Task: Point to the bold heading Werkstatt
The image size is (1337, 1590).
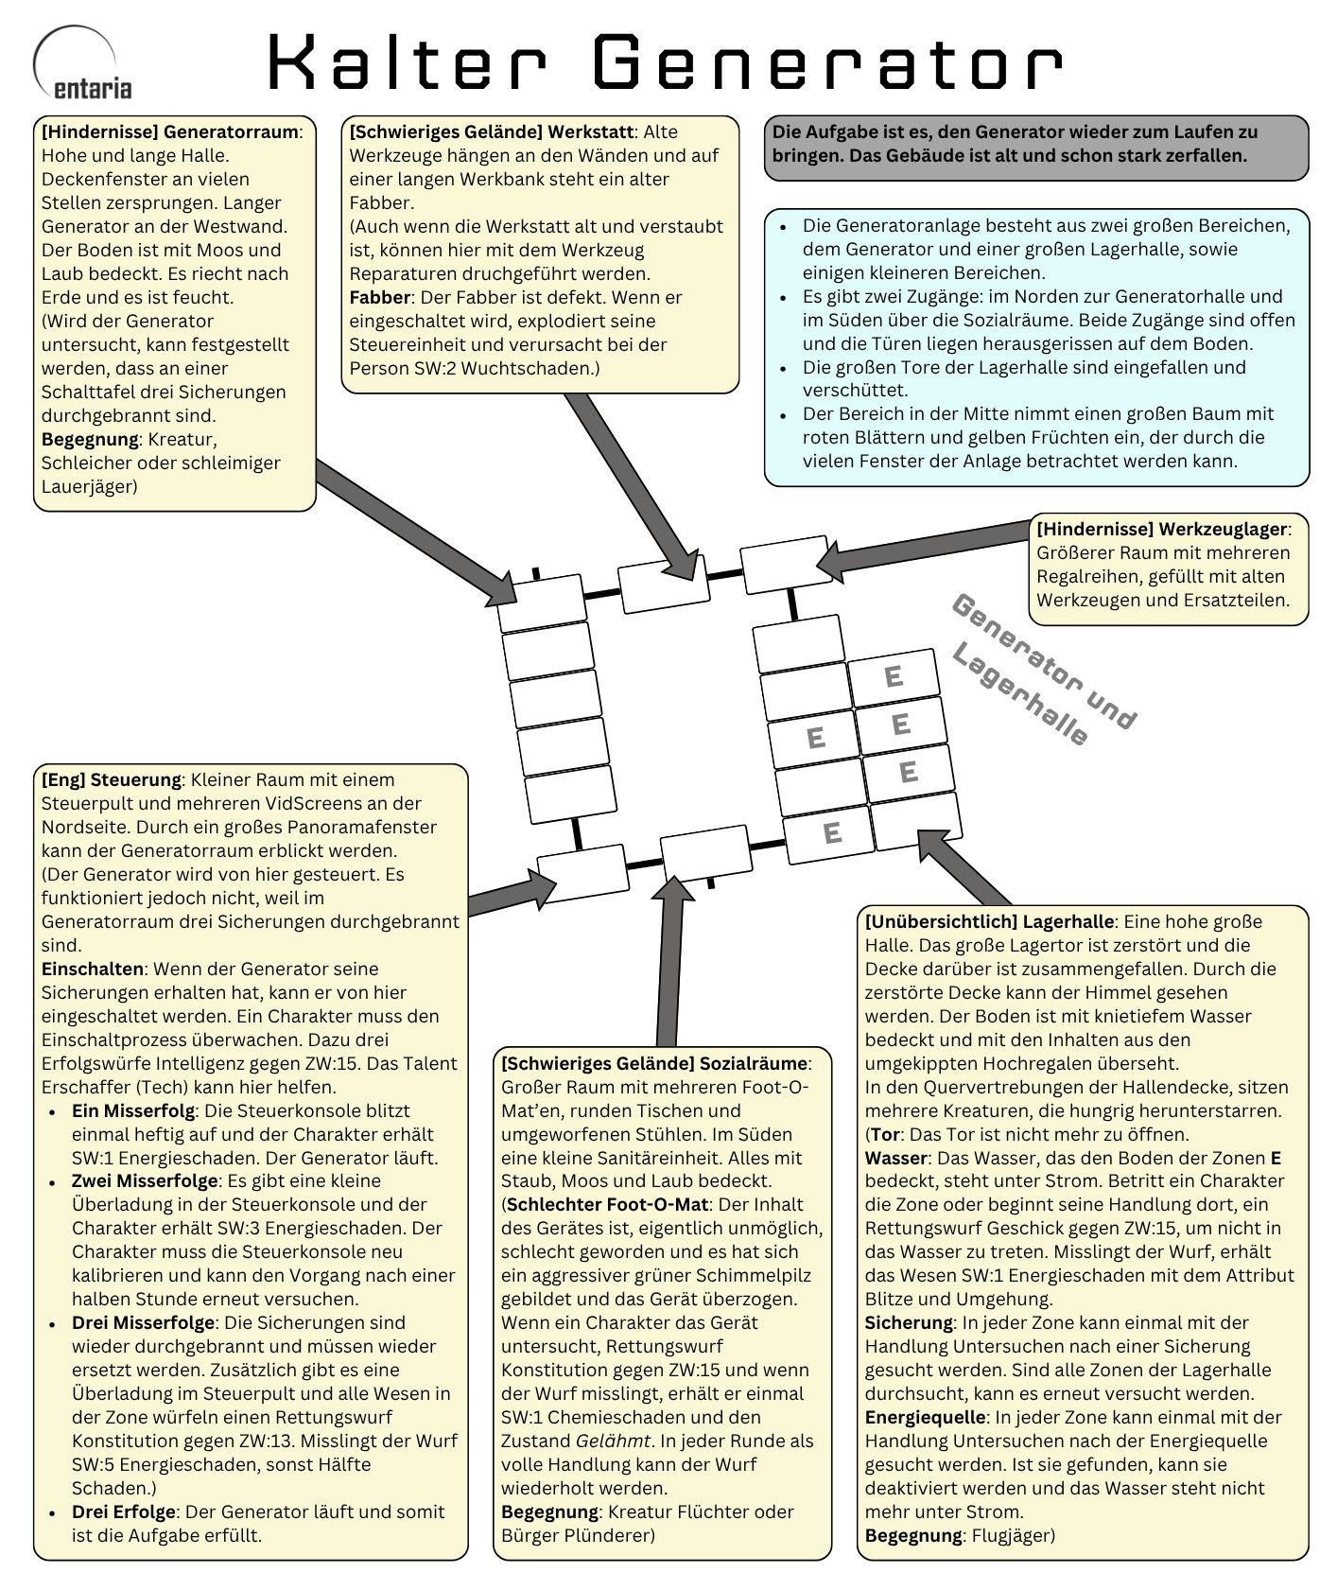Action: point(590,131)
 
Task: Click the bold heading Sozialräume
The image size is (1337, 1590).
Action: point(753,1062)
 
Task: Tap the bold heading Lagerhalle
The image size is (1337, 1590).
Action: point(1068,920)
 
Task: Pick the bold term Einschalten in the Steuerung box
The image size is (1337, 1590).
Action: point(92,969)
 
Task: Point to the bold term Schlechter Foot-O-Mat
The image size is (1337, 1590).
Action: point(607,1204)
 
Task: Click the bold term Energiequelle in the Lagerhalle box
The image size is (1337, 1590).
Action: point(926,1417)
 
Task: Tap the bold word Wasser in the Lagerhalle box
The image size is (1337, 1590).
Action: point(895,1158)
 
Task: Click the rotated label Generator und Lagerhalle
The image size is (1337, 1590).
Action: point(1040,672)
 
